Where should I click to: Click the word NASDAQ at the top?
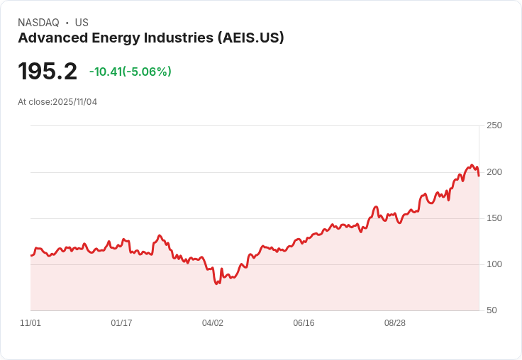(38, 23)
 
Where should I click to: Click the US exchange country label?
(82, 23)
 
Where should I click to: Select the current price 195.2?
(48, 72)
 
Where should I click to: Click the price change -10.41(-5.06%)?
(130, 72)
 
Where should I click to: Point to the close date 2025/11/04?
(74, 102)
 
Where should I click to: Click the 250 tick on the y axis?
(494, 125)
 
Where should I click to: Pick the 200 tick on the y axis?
(494, 172)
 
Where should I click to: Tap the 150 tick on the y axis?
(494, 218)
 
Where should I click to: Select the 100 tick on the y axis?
(494, 264)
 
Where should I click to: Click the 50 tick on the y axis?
(492, 310)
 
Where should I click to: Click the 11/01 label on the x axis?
(30, 323)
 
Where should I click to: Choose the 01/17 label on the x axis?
(121, 323)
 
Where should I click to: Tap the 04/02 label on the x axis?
(213, 323)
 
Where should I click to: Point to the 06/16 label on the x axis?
(304, 323)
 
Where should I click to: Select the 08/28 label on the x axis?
(395, 323)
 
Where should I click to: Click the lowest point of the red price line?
(217, 284)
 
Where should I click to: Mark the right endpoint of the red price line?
(479, 176)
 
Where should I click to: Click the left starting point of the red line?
(30, 255)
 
